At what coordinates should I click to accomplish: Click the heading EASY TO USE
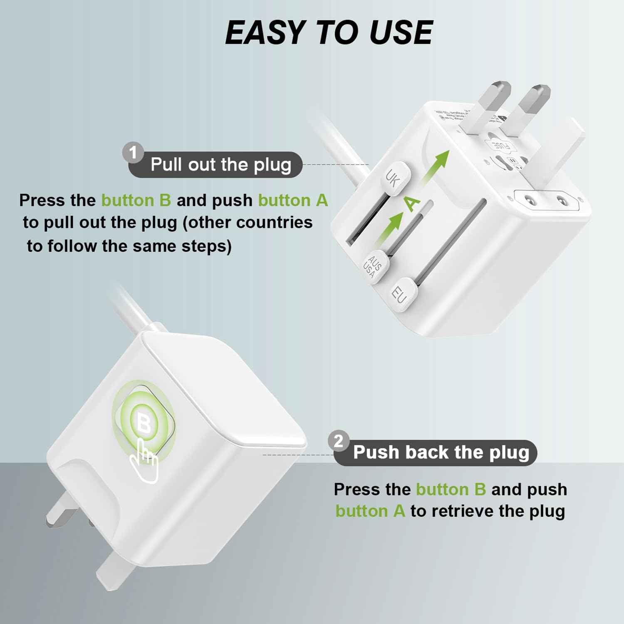click(x=329, y=32)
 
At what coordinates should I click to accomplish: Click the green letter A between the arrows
click(x=412, y=203)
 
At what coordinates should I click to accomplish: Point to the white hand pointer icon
click(x=144, y=462)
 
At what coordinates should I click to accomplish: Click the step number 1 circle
click(x=133, y=153)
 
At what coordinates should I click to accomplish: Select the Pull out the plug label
click(x=220, y=165)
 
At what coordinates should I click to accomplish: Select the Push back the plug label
click(x=441, y=453)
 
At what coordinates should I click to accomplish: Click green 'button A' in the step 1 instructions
click(x=293, y=201)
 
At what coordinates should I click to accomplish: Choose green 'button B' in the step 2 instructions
click(x=451, y=490)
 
